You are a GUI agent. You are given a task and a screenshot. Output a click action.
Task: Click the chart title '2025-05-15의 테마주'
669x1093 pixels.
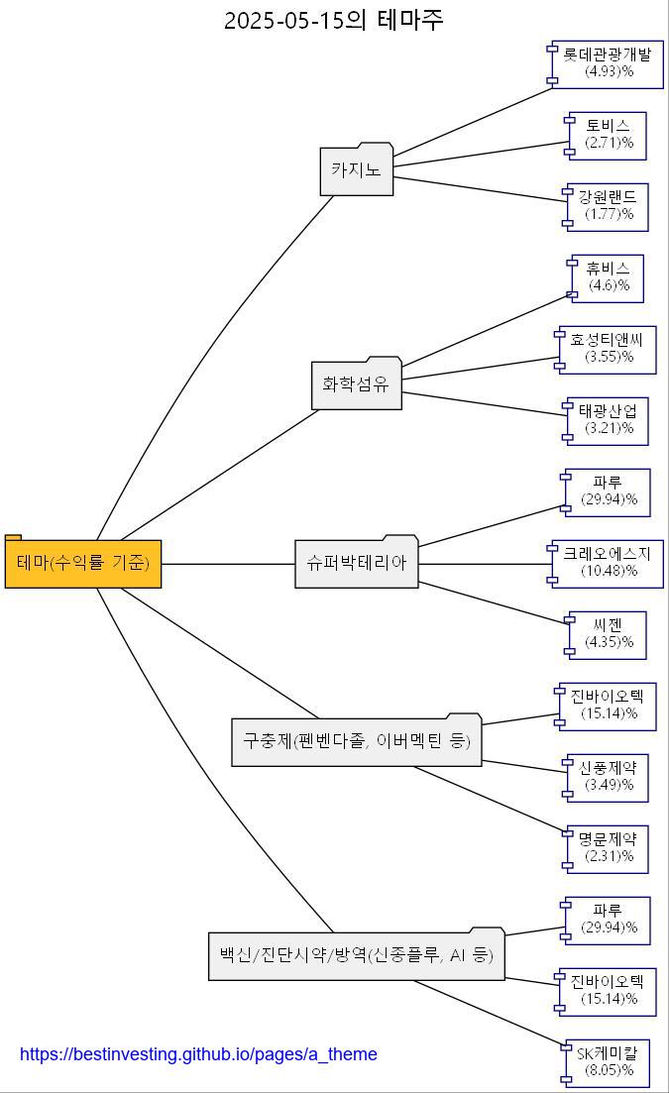point(333,20)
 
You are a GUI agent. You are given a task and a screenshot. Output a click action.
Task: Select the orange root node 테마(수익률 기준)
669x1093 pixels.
point(83,563)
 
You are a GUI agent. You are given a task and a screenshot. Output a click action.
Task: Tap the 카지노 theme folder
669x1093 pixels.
point(357,170)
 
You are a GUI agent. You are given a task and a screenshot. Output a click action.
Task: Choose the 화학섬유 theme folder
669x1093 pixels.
point(357,384)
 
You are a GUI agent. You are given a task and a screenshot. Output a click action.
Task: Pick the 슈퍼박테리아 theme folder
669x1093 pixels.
point(357,563)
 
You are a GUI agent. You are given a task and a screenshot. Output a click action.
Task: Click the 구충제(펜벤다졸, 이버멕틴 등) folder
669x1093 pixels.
point(357,741)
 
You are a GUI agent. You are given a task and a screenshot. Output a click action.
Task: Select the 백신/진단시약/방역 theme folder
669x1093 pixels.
point(357,955)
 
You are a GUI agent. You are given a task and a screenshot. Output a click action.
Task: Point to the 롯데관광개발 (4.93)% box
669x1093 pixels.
point(608,63)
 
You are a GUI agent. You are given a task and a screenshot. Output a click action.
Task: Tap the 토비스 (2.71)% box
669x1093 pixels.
point(608,135)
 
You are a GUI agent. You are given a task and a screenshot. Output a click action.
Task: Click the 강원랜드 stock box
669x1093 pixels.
point(608,206)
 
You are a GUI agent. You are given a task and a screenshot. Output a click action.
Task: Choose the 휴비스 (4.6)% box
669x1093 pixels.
point(608,277)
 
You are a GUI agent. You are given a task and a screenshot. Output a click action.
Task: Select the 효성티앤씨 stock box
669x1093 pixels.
point(608,349)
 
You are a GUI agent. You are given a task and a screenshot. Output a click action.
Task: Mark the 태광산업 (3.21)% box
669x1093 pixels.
point(608,420)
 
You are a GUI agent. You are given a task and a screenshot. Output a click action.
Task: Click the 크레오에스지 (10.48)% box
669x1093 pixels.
point(608,563)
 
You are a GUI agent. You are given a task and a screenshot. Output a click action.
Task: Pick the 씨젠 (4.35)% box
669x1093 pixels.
point(608,634)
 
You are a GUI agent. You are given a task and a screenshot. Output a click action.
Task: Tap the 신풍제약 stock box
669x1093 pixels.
point(608,777)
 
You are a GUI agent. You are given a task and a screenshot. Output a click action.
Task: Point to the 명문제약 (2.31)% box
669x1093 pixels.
point(608,848)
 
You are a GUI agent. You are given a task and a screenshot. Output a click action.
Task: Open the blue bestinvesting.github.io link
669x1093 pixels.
point(198,1054)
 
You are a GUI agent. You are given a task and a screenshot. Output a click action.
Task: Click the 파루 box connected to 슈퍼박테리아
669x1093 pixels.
point(608,492)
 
